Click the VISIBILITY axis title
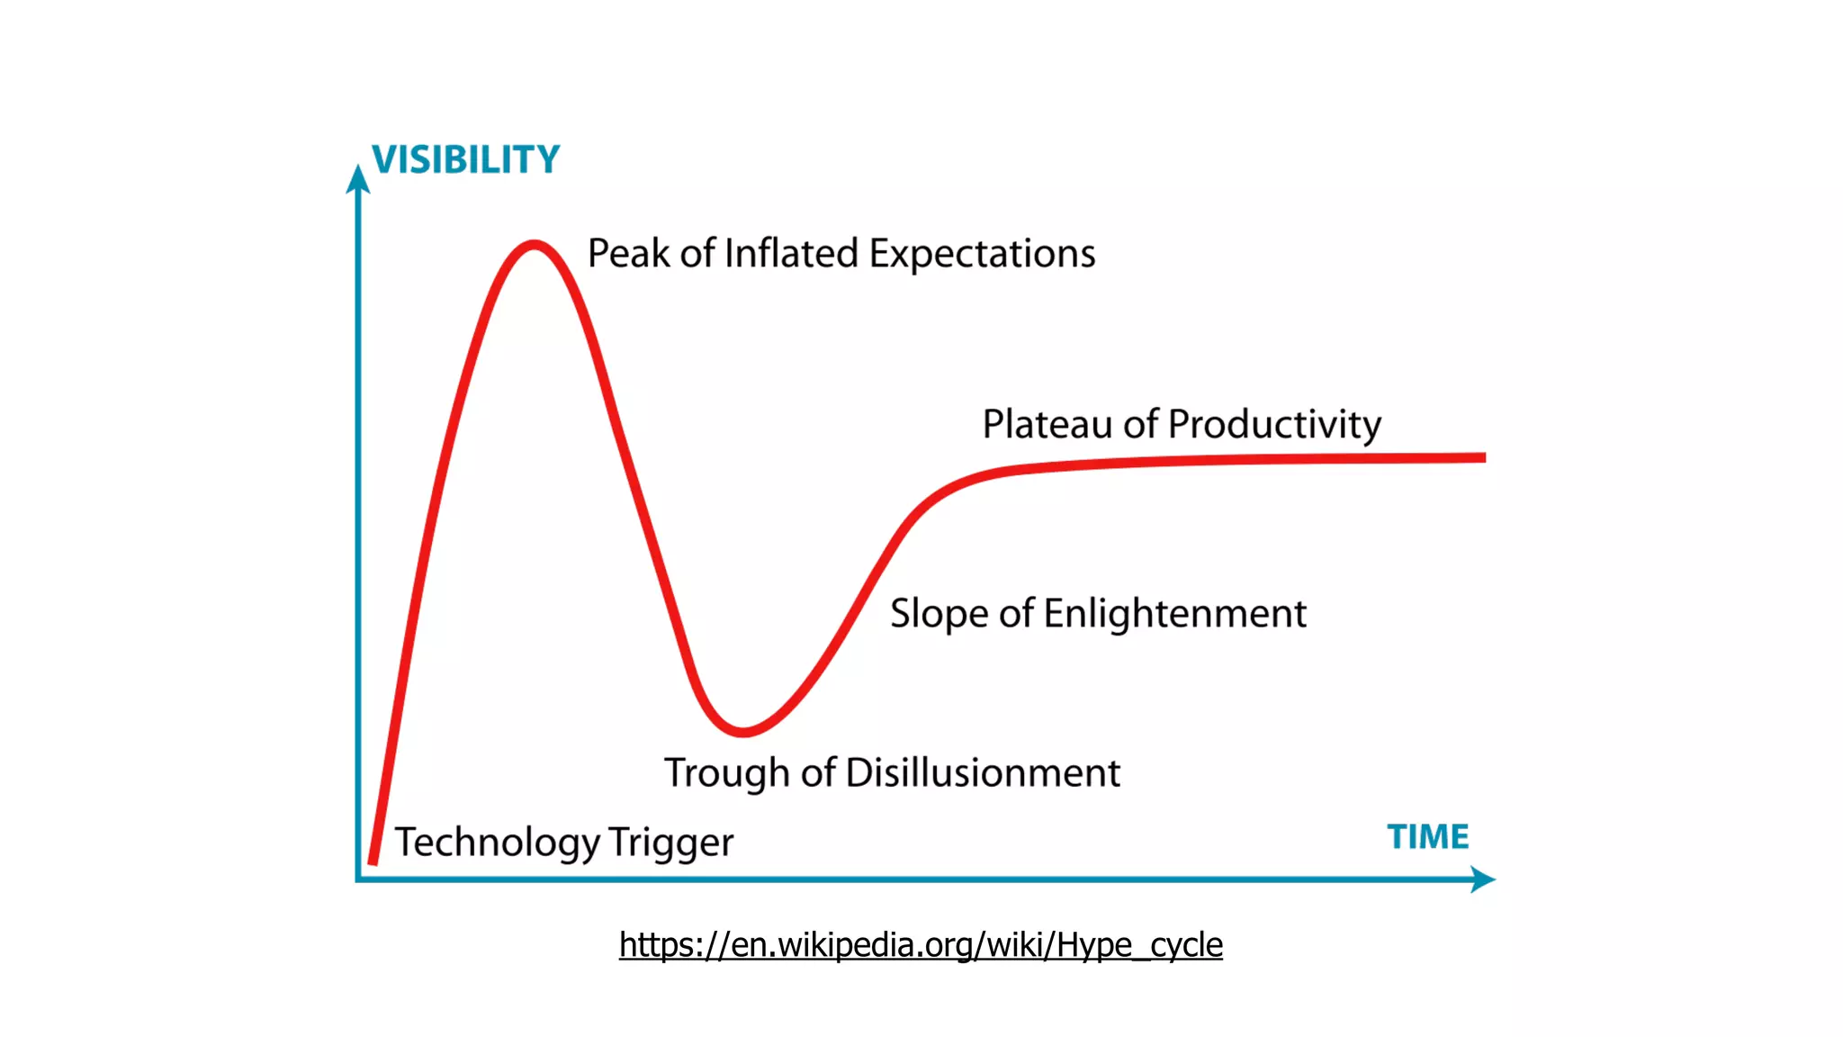465,160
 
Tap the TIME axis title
1427,837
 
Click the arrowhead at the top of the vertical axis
358,178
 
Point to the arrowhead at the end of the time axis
1482,879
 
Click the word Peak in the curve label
628,254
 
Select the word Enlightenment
1174,615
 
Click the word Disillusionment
983,773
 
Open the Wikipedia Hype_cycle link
921,945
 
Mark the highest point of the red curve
535,244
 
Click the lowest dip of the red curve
743,732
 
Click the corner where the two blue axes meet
359,879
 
